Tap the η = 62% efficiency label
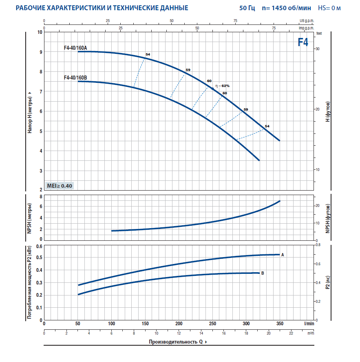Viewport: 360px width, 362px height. click(223, 86)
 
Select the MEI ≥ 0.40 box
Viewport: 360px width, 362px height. click(60, 186)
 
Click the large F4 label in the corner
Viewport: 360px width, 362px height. click(303, 42)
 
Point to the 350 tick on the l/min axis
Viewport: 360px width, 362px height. click(279, 324)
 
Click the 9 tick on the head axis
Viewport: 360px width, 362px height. click(40, 52)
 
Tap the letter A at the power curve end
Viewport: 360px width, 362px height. click(283, 255)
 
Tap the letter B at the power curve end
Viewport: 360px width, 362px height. click(263, 273)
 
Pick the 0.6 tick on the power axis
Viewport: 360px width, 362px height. click(40, 246)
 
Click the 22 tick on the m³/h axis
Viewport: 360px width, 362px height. click(291, 333)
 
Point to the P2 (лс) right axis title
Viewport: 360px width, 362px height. click(327, 282)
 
